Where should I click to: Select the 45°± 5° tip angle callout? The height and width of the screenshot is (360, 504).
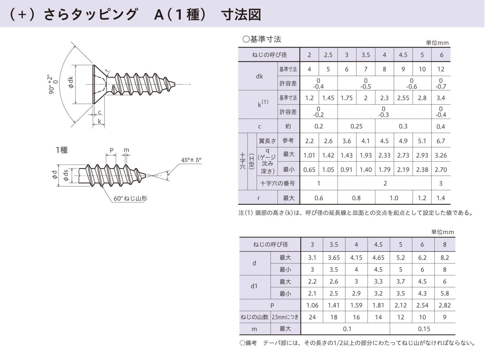191,160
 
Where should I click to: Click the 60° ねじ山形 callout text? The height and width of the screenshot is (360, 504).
130,198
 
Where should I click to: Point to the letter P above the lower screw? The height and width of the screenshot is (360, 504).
112,150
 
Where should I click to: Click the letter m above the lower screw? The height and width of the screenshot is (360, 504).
126,150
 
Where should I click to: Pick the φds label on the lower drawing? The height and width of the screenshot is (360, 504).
66,175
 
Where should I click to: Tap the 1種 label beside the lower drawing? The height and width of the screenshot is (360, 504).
62,150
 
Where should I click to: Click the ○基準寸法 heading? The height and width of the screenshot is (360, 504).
261,39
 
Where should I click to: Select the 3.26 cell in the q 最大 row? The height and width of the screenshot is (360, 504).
441,155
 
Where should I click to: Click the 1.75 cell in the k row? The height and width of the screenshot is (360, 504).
346,98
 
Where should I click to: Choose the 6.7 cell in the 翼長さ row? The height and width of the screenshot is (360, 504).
441,141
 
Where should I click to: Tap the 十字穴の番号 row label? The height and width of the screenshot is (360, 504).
278,183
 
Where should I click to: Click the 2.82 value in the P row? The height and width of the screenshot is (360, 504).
444,305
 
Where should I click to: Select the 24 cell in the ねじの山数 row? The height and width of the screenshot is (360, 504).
312,317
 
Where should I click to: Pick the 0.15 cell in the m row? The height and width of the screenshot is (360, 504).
424,329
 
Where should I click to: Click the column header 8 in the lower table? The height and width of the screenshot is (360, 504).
444,244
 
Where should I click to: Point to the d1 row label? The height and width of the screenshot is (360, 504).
254,286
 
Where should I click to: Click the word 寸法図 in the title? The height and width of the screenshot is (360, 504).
241,14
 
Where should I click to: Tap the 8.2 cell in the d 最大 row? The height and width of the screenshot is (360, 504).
444,258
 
